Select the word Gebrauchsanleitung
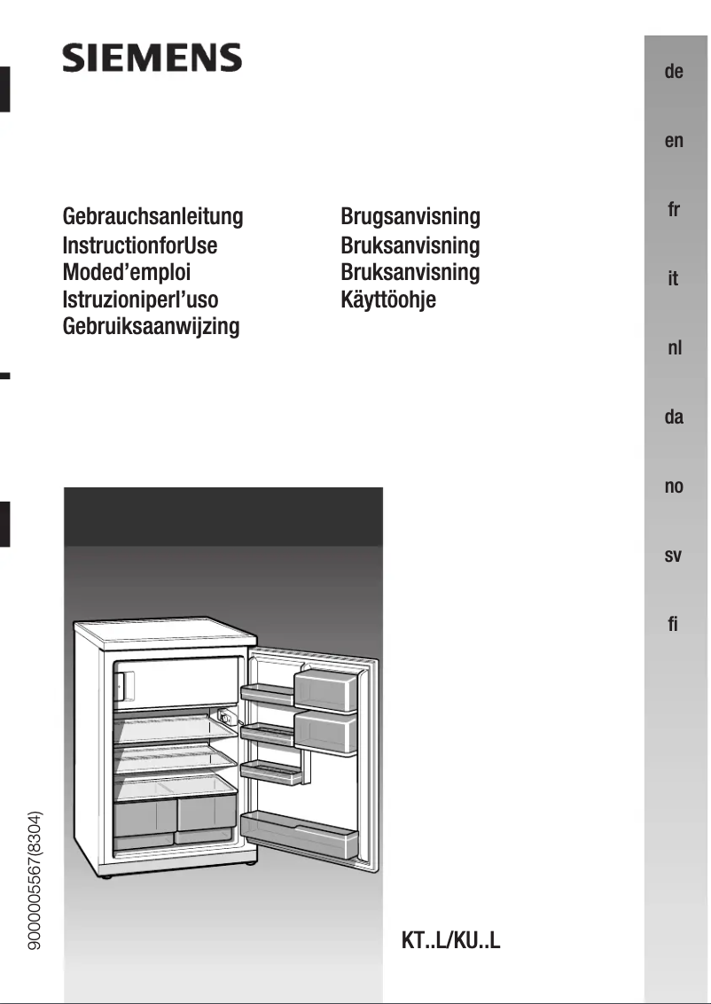(152, 216)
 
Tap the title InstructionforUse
(140, 245)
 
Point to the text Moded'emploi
(127, 272)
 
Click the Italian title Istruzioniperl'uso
(140, 300)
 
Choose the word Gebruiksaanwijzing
(152, 326)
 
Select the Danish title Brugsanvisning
(410, 216)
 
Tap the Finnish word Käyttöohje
(388, 300)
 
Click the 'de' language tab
(674, 72)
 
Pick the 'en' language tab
(674, 141)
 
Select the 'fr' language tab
(674, 210)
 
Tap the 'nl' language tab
(674, 348)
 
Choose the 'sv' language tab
(674, 556)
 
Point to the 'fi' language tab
(674, 625)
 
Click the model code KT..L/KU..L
(451, 940)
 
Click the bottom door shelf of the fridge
(300, 832)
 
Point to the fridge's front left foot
(106, 876)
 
